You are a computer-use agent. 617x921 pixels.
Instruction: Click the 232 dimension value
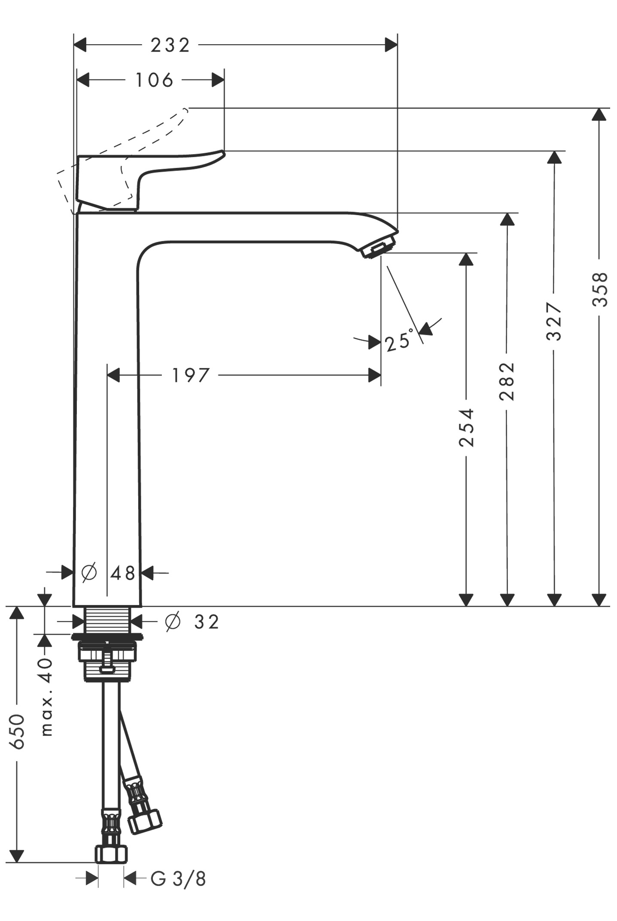170,45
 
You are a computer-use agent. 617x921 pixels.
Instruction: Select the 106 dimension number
154,80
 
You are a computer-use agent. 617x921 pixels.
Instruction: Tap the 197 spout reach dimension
191,375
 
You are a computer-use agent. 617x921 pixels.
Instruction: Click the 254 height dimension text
466,428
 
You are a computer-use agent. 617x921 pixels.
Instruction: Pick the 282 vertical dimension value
507,381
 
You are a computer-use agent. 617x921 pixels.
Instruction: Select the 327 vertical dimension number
554,322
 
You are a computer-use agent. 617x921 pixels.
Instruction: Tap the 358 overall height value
600,289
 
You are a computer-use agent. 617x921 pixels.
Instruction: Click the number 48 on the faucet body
123,573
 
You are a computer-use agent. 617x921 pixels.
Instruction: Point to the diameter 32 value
207,622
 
